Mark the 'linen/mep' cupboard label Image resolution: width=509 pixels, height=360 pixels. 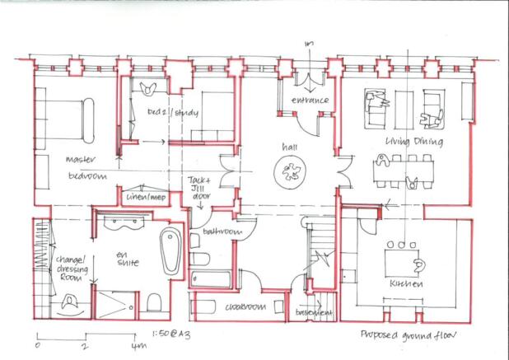click(145, 199)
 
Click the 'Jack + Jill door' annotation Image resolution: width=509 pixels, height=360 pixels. click(201, 188)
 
